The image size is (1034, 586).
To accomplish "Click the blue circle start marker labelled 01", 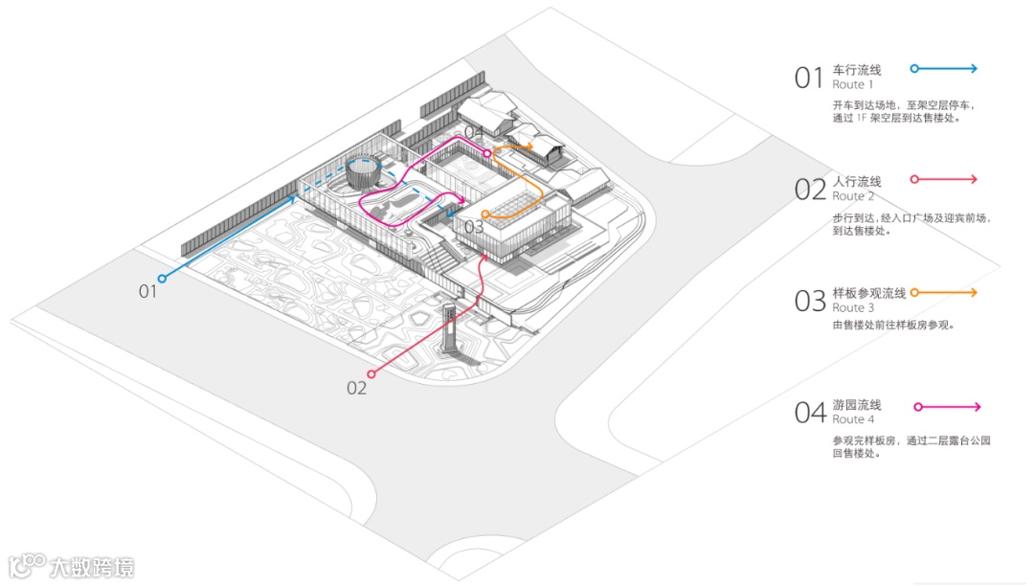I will (162, 279).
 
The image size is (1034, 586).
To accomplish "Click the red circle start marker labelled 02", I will (371, 374).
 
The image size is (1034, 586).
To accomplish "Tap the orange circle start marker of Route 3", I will (486, 214).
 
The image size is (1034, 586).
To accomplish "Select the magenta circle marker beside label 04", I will (487, 153).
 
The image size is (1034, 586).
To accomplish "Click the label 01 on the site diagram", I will (147, 291).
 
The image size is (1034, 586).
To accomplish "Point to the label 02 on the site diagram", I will (356, 388).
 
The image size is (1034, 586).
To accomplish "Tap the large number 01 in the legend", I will (809, 78).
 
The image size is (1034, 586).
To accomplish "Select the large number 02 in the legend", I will (810, 189).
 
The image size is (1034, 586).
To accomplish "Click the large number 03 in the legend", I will (810, 301).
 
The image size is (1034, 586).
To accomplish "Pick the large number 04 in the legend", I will (810, 413).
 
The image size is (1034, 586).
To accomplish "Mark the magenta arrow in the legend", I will (947, 407).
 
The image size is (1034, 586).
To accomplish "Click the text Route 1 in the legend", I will (853, 85).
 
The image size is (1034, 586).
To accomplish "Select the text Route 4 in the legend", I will (853, 419).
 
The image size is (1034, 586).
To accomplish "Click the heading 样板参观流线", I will (868, 293).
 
